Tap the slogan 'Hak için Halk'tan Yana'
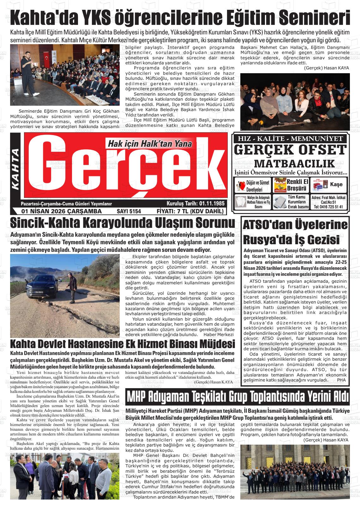pos(150,144)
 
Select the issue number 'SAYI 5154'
pos(129,211)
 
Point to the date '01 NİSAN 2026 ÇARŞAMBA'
pos(61,211)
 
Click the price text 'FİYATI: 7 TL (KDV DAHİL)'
pos(190,211)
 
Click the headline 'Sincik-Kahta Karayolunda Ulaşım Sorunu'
pos(123,223)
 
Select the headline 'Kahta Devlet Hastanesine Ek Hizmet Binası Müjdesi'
pos(123,343)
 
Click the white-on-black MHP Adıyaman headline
pos(237,397)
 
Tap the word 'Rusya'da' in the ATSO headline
pos(265,239)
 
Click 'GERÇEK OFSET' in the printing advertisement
pos(290,150)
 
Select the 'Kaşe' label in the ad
pos(336,184)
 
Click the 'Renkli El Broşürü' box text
pos(297,185)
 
